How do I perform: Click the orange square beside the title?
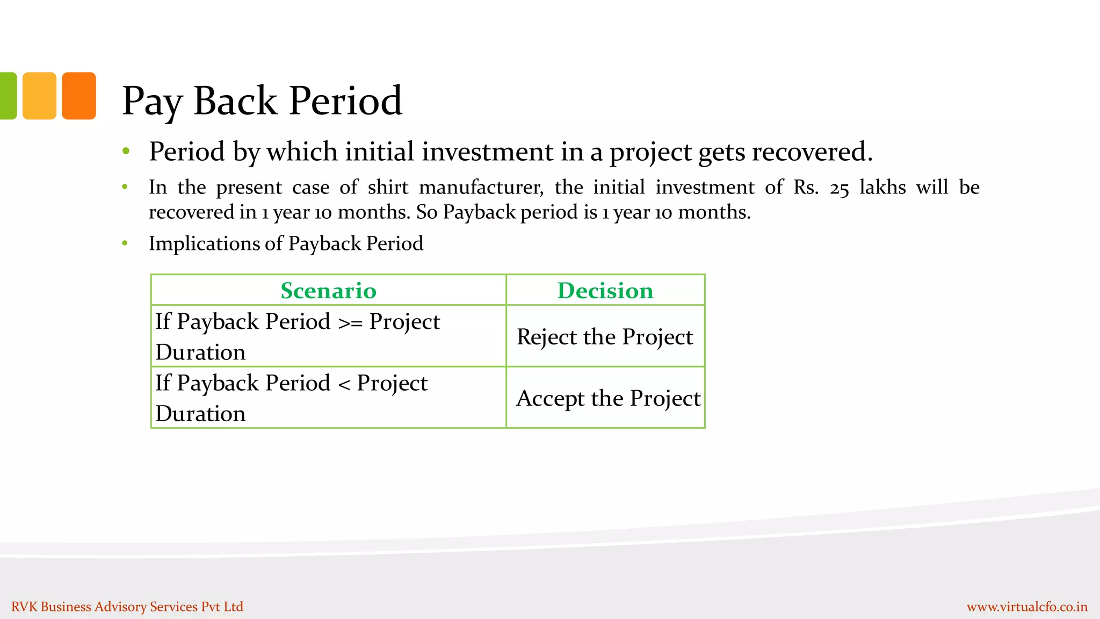pos(79,96)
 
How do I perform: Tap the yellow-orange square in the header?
pos(39,96)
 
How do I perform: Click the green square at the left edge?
pos(8,96)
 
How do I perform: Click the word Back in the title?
pos(235,100)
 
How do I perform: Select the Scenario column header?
pos(328,291)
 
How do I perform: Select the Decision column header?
pos(605,291)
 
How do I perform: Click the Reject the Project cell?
pos(605,337)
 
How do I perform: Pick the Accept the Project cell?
pos(608,398)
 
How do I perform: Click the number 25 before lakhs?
pos(839,188)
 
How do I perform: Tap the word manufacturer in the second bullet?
pos(481,187)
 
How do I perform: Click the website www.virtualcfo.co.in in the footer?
pos(1027,607)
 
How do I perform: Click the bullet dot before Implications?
pos(125,243)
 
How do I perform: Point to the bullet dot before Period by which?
pos(126,151)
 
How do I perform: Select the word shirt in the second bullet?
pos(388,187)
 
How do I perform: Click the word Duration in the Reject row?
pos(200,352)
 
